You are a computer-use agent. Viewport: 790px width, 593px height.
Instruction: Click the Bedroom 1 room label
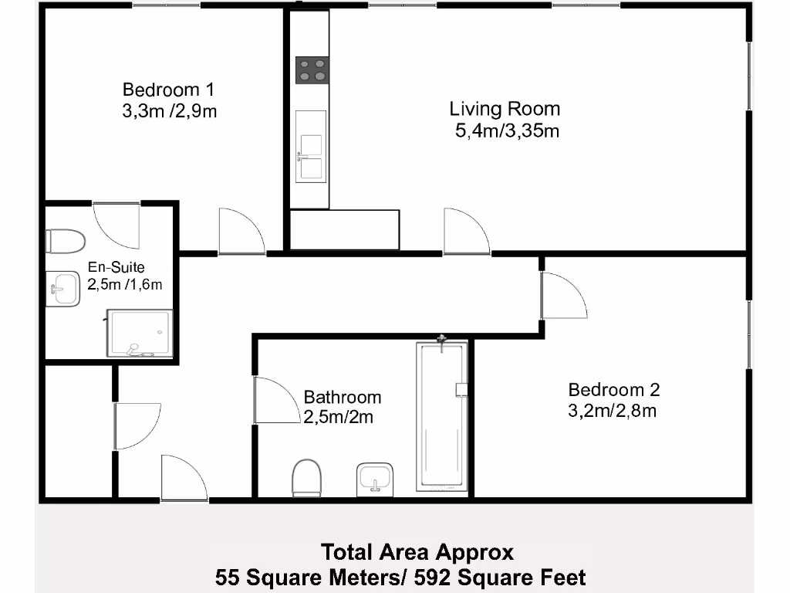tap(169, 90)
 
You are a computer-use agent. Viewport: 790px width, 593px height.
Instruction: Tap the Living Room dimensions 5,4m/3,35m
tap(508, 131)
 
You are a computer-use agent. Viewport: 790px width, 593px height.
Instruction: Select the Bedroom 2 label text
tap(613, 390)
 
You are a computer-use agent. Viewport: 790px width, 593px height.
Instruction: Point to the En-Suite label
tap(116, 266)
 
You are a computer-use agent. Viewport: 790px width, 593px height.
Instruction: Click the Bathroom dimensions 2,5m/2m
tap(339, 418)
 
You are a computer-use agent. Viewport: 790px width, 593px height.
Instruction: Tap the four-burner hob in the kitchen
tap(312, 70)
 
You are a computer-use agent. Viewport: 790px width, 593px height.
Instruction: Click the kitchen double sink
tap(311, 147)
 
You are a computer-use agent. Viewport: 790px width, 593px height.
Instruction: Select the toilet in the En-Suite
tap(66, 241)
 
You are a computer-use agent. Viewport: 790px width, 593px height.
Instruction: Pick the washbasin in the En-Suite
tap(63, 289)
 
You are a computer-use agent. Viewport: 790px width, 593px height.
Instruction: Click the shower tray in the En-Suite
tap(140, 334)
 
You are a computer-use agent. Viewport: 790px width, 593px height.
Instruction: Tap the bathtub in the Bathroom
tap(442, 415)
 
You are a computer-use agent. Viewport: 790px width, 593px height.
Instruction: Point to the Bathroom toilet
tap(307, 476)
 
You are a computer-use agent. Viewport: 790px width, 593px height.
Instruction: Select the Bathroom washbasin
tap(375, 479)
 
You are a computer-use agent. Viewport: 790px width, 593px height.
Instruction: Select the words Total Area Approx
tap(417, 553)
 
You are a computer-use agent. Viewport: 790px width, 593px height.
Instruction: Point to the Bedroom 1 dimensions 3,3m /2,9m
tap(169, 111)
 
